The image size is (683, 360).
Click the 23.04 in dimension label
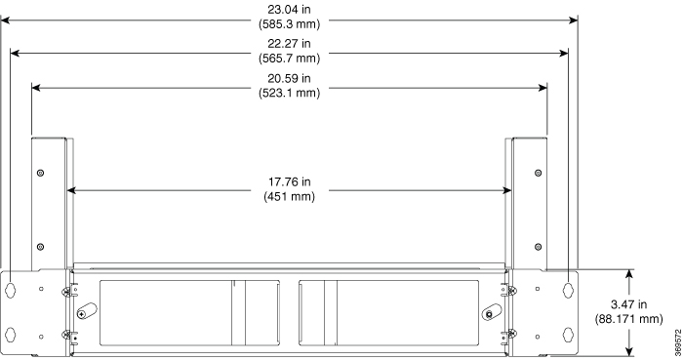pos(289,9)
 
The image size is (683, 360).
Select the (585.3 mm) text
pos(289,24)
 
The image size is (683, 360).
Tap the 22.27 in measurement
pos(289,44)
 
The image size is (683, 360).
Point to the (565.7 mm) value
pos(289,59)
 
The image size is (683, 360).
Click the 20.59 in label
pos(289,78)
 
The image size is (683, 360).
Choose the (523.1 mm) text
pos(289,93)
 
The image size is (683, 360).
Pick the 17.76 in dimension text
pos(289,181)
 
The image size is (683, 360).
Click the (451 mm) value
pos(289,196)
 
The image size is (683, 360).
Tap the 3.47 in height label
pos(628,304)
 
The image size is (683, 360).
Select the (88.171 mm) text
pos(628,319)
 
